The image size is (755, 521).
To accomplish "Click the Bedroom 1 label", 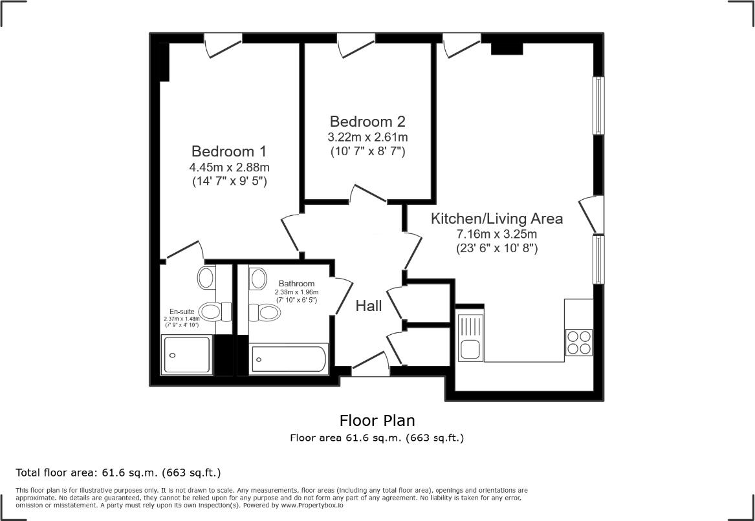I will [229, 151].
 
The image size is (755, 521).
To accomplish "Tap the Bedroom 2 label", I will [367, 122].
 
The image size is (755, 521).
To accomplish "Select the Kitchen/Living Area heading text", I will [497, 218].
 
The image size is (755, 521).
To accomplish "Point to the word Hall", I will [369, 306].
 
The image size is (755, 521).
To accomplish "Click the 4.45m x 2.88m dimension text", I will [229, 167].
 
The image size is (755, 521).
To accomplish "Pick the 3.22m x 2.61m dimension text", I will [367, 137].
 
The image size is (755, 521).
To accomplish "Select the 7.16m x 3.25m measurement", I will [497, 233].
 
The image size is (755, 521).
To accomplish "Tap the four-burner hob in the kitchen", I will [578, 343].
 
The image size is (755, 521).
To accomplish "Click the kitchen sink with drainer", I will [470, 337].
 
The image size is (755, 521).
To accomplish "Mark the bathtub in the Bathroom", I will [289, 358].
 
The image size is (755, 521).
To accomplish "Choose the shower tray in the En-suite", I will [187, 354].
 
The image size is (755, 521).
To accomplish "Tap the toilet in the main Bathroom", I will [264, 312].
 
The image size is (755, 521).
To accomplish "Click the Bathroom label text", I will [296, 284].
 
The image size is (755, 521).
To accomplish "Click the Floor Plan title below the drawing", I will [377, 421].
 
